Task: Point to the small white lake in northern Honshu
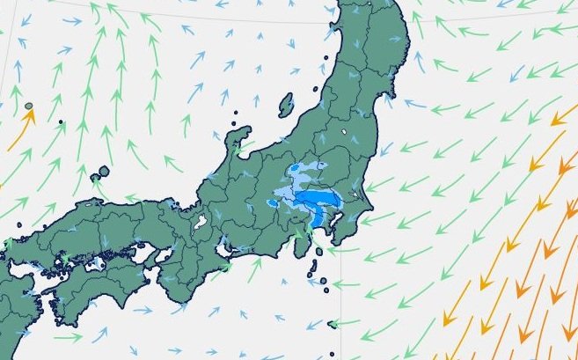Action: tap(341, 134)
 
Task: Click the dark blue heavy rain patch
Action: tap(318, 208)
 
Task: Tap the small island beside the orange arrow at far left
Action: tap(29, 107)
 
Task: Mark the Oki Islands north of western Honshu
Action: tap(103, 172)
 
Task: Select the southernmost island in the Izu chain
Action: tap(332, 327)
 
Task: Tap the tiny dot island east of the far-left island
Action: tap(61, 122)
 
